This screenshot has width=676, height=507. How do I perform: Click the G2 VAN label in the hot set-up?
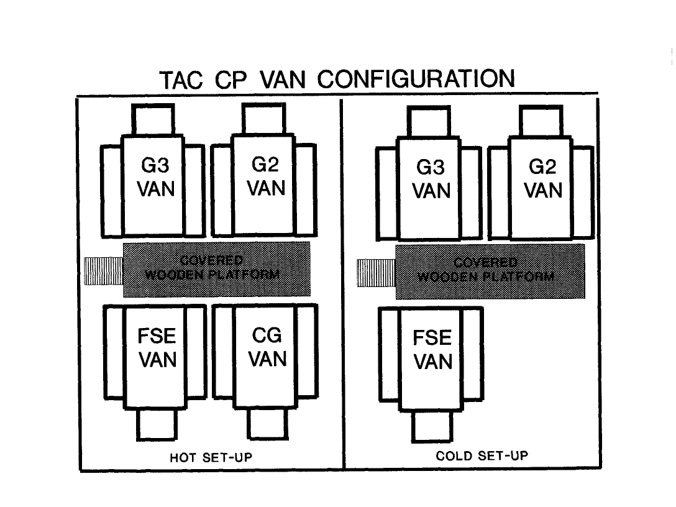point(267,177)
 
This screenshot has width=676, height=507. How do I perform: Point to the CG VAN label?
point(268,347)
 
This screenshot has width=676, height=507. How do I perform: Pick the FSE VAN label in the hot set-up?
point(157,348)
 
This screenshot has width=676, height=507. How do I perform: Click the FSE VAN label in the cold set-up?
point(432,349)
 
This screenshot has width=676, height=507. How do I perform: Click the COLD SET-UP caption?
point(482,456)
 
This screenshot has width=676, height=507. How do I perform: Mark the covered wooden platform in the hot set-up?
point(216,268)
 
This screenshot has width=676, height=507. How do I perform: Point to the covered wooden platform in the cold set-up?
point(490,271)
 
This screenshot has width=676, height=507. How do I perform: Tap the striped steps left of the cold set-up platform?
point(376,273)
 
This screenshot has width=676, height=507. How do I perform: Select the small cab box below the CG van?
point(268,424)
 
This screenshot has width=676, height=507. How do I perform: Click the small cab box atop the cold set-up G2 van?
point(541,121)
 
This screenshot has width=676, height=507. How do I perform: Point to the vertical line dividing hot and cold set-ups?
point(344,283)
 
